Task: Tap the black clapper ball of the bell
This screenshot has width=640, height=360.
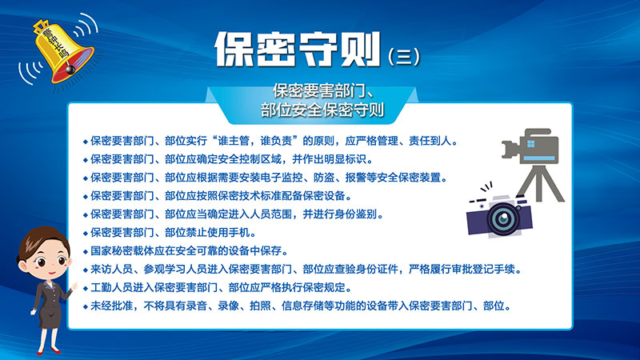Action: point(70,70)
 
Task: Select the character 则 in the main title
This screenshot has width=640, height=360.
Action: point(361,49)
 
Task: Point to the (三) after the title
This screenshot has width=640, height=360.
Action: point(404,56)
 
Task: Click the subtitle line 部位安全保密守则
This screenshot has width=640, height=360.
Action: point(322,110)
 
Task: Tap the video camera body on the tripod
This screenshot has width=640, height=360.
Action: point(530,146)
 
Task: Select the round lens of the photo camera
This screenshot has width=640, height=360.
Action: point(503,218)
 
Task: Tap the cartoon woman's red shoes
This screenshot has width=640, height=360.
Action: point(48,350)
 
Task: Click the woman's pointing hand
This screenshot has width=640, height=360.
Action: point(74,286)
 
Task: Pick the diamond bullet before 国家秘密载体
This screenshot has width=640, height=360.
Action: point(86,252)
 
